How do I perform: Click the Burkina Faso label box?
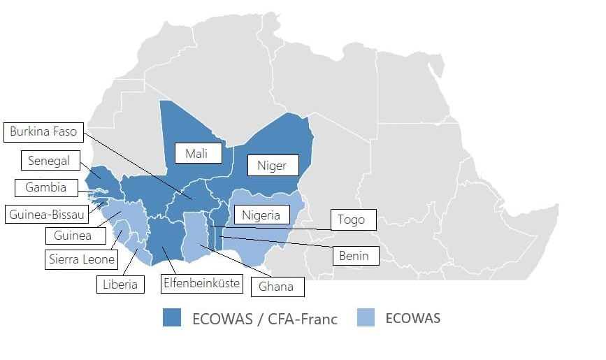43,131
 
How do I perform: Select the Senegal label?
49,161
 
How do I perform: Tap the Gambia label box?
46,187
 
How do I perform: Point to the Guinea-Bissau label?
46,215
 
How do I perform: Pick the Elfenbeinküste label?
201,283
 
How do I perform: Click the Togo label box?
352,219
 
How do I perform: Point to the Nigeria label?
261,215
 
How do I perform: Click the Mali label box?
199,152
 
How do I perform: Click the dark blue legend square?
170,319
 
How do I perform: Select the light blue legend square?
365,318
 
